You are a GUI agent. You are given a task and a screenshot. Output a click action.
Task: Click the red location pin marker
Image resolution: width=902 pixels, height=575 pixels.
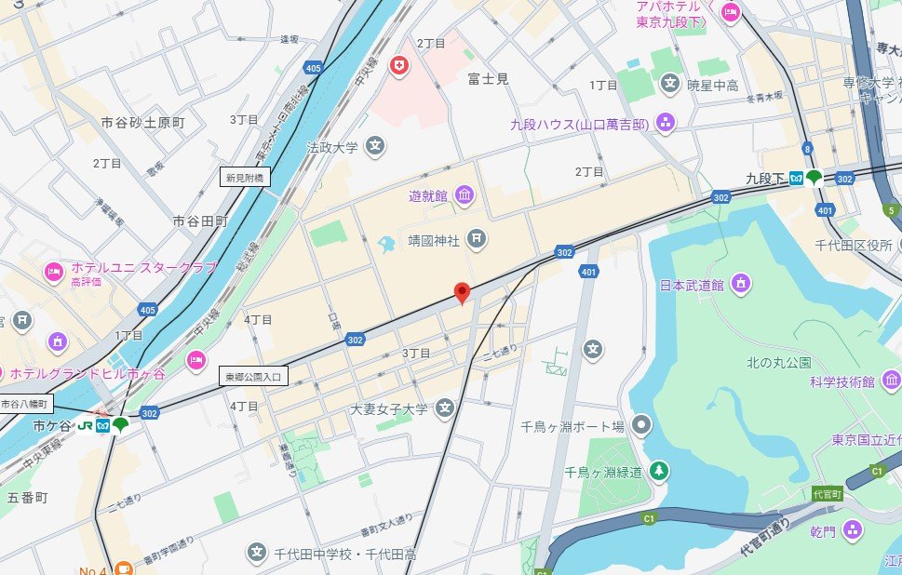coord(462,293)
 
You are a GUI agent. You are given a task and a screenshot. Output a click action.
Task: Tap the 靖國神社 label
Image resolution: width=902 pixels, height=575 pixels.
coord(435,240)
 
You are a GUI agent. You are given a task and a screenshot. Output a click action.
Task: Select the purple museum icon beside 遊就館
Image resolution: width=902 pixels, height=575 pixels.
coord(464,195)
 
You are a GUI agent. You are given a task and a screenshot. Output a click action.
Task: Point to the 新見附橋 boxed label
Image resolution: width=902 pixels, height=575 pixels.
coord(245,177)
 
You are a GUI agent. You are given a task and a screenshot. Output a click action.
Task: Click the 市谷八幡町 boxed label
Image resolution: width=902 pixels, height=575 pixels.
coord(27,404)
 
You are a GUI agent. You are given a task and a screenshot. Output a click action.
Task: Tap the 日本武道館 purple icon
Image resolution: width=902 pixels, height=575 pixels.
coord(740,284)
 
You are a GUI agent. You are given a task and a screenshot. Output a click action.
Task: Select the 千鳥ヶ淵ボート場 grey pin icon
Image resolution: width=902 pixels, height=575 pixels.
coord(640,427)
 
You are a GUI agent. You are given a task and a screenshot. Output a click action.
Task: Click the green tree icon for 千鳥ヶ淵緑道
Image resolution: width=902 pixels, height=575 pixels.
coord(658,472)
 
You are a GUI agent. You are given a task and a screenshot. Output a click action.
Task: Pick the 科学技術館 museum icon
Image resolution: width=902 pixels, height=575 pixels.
coord(892,381)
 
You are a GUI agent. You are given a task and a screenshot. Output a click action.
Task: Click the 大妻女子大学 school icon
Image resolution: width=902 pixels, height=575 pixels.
coord(445,408)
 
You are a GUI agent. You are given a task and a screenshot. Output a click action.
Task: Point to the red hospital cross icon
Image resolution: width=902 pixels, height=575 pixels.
coord(399,66)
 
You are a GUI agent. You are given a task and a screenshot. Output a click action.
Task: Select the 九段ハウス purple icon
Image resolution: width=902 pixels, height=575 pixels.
coord(666,122)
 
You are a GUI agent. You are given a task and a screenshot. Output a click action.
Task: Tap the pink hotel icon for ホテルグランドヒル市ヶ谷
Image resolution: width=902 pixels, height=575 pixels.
coord(195,359)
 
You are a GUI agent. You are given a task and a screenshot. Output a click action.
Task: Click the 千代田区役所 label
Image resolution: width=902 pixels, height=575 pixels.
coord(855,245)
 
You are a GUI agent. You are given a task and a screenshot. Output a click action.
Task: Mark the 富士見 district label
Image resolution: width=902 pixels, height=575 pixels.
coord(488,79)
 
